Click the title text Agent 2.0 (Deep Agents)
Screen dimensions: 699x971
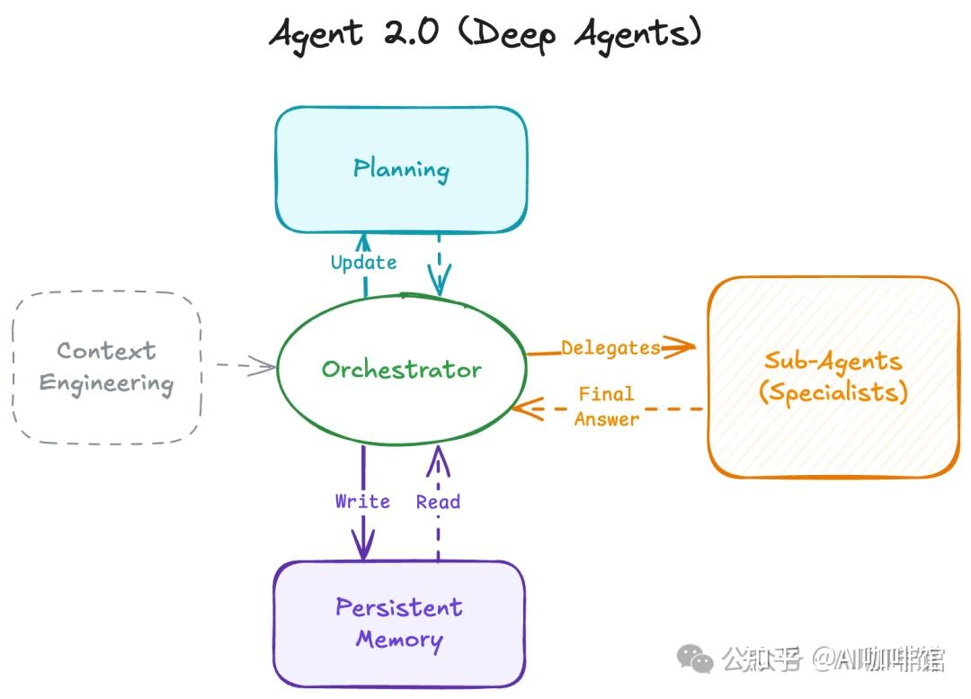pos(485,34)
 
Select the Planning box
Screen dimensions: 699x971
pos(401,169)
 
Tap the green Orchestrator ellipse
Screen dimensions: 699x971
pos(401,369)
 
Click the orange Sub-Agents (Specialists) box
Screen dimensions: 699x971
pos(833,377)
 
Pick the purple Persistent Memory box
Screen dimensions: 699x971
pos(399,623)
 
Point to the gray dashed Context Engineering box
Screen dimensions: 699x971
pos(107,367)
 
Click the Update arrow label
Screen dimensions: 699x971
pos(363,263)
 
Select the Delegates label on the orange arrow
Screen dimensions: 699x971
pos(610,347)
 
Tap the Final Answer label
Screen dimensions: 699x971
pos(606,406)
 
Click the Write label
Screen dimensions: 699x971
pos(362,501)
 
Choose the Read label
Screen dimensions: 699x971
pos(438,502)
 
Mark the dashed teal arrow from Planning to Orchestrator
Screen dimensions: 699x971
pos(439,261)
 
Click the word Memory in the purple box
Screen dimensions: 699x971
pos(399,640)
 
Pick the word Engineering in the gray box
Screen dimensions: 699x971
pos(106,384)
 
